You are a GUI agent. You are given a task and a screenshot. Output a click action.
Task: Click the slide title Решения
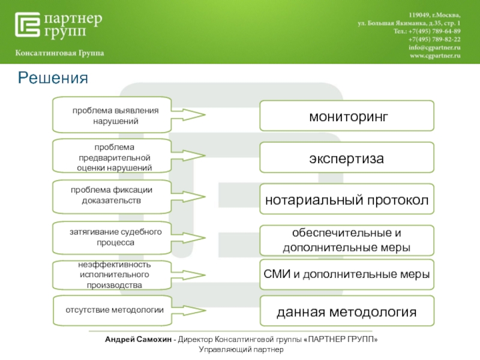coord(53,77)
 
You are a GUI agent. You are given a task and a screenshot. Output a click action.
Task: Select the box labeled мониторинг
coord(346,116)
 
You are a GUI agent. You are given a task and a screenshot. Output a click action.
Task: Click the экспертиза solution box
coord(346,158)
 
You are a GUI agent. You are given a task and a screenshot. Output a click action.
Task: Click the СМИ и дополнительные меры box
coord(346,275)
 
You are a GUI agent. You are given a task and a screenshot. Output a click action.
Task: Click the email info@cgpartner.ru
coord(434,47)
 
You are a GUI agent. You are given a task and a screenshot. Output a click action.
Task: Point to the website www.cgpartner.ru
coord(434,55)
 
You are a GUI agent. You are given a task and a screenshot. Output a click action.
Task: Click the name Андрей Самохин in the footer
coord(139,340)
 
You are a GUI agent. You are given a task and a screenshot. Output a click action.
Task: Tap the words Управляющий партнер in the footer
coord(240,349)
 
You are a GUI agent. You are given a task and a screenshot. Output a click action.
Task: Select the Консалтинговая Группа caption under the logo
coord(59,53)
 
